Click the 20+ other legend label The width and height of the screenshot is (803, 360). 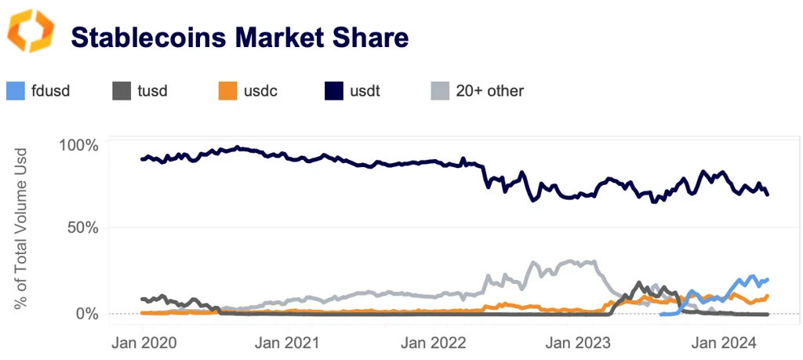point(489,90)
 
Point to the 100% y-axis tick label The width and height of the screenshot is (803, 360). point(78,146)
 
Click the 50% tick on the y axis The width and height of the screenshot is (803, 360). point(82,228)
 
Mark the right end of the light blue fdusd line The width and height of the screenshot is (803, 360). point(767,279)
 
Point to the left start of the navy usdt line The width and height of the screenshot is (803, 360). point(142,159)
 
